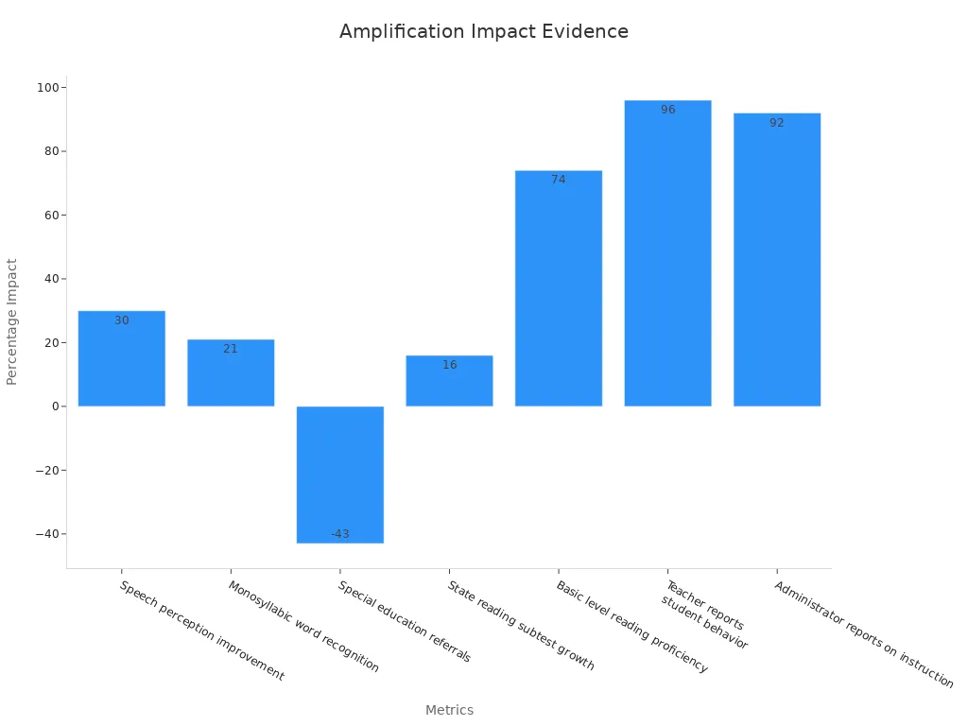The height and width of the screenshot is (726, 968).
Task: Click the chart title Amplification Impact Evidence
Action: click(483, 31)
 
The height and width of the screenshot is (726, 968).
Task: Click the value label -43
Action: click(340, 534)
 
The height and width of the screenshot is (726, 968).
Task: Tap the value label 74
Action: click(559, 180)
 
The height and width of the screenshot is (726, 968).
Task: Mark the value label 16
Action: click(449, 365)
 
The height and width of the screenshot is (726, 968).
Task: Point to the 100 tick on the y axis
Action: click(47, 88)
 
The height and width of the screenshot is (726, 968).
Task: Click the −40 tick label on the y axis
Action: click(45, 534)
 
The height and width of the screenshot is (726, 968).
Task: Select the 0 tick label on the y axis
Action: click(54, 406)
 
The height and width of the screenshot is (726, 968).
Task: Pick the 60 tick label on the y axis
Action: click(50, 216)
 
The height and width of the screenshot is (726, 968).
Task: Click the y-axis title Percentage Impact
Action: click(12, 321)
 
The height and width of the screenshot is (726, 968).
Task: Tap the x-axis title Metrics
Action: click(449, 710)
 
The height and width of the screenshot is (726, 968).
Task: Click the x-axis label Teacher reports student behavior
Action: click(704, 616)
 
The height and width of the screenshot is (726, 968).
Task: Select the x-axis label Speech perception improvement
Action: click(201, 631)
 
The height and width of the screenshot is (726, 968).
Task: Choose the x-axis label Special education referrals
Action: click(404, 621)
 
